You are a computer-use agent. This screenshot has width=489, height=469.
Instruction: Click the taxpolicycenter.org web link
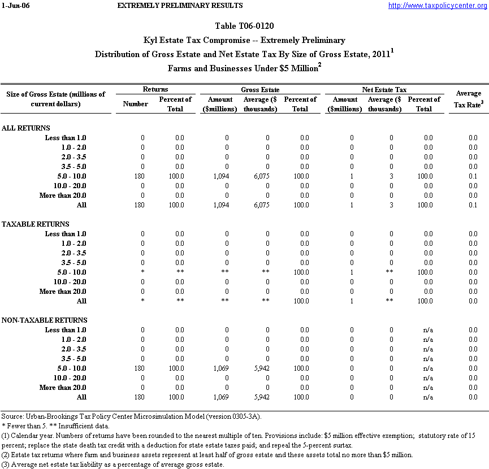coord(437,6)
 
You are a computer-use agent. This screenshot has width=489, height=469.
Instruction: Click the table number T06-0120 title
coord(245,26)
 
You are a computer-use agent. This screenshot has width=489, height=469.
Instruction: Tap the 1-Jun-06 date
coord(14,6)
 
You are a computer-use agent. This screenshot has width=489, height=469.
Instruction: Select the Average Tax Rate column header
coord(468,98)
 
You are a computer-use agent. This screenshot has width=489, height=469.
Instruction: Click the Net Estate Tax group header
coord(384,90)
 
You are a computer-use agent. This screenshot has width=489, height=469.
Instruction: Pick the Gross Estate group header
coord(260,90)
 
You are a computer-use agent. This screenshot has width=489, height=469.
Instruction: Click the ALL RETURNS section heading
coord(26,128)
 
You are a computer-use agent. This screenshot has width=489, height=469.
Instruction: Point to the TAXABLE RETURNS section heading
coord(36,224)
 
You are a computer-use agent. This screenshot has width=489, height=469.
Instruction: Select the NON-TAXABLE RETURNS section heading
coord(44,320)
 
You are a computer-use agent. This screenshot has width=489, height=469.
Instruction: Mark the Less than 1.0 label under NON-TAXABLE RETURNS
coord(66,330)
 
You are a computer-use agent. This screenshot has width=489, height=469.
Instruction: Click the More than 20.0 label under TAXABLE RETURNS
coord(63,292)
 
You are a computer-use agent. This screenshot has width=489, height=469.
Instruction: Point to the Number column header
coord(135,104)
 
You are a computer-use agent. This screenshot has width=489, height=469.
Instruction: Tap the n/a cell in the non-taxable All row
coord(427,397)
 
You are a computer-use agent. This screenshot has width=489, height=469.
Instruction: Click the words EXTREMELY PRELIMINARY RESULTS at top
coord(180,6)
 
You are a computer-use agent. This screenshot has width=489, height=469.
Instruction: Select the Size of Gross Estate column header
coord(56,99)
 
